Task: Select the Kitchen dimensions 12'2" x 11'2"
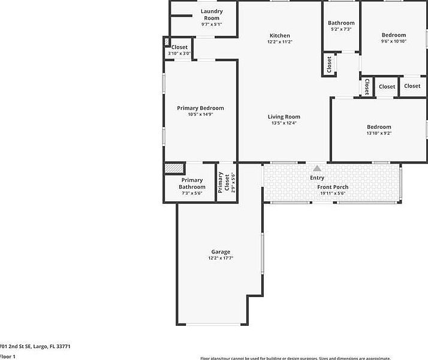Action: coord(279,43)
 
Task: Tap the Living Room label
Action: coord(284,117)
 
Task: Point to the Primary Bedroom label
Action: coord(200,108)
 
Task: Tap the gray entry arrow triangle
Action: coord(317,169)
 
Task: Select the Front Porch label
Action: coord(333,187)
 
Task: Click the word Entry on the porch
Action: coord(317,178)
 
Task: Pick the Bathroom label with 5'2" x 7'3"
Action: coord(341,23)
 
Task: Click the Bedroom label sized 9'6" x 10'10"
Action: coord(394,35)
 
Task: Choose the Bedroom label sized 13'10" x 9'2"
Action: coord(379,127)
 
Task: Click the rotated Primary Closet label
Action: coord(221,183)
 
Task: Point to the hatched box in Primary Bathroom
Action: coord(174,169)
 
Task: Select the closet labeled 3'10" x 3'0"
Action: coord(179,47)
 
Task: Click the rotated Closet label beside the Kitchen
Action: coord(329,64)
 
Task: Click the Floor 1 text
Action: coord(7,356)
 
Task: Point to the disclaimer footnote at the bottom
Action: coord(295,358)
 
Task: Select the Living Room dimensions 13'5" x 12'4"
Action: coord(284,123)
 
